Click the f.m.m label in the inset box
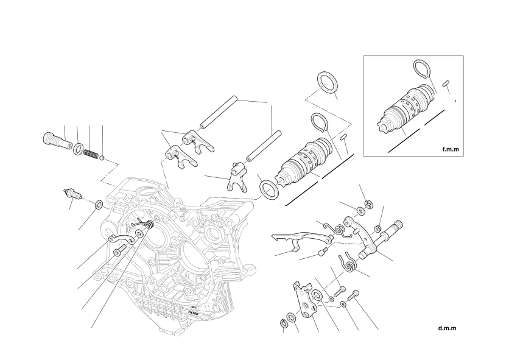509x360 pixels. pos(451,149)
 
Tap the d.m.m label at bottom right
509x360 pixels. pos(447,328)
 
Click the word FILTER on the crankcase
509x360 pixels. pos(193,313)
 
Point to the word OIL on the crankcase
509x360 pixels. pos(194,307)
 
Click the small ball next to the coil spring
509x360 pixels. pos(102,158)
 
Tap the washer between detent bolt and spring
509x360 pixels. pos(78,149)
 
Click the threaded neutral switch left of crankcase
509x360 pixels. pos(71,193)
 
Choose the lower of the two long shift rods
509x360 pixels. pos(263,146)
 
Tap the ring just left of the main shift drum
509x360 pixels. pos(269,190)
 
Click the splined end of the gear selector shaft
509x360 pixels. pos(398,225)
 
